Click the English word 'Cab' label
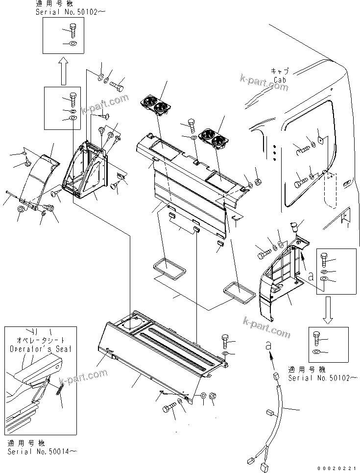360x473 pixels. click(x=280, y=79)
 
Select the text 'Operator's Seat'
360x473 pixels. click(x=40, y=349)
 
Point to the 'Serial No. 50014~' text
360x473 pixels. click(x=42, y=451)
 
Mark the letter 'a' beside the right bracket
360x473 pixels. click(x=310, y=276)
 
